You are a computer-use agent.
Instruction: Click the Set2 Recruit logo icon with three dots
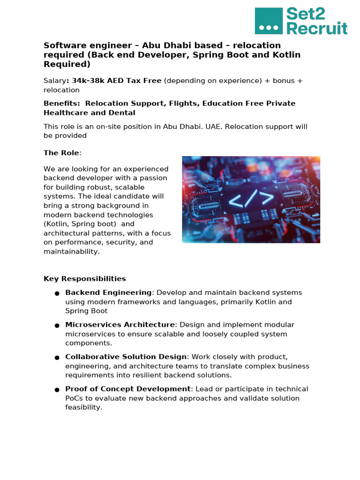[269, 21]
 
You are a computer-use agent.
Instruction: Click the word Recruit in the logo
[317, 28]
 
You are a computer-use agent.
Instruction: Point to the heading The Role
[61, 153]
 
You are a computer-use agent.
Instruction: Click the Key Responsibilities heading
[85, 278]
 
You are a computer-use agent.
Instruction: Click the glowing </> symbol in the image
[251, 199]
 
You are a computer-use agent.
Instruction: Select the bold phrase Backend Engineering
[108, 292]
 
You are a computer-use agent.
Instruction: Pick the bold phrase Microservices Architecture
[120, 325]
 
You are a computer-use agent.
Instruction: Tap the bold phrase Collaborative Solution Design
[126, 357]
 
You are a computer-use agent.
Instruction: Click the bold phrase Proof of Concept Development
[128, 389]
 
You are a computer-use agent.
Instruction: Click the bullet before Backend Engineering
[57, 293]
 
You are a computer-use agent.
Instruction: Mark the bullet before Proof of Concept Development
[57, 390]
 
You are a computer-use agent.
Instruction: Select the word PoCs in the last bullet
[74, 398]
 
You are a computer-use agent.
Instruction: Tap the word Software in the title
[60, 45]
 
